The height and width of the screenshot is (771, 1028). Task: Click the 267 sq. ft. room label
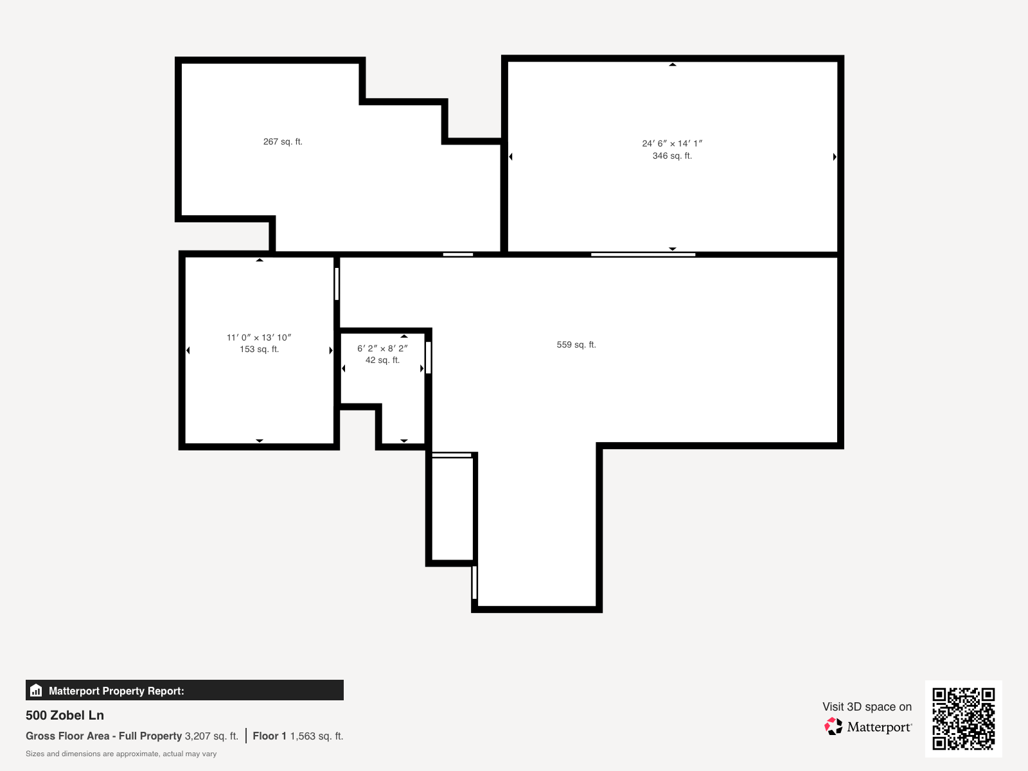(x=283, y=141)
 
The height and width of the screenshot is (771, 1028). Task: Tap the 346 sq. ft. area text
(x=672, y=156)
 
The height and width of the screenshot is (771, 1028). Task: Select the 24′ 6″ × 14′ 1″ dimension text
(x=672, y=144)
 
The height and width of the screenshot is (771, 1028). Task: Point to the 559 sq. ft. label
(x=576, y=345)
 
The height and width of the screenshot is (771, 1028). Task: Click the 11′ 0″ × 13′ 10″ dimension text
(x=259, y=337)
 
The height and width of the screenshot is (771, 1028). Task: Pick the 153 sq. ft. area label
(x=259, y=350)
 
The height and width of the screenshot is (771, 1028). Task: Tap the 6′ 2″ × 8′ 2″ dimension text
(x=382, y=348)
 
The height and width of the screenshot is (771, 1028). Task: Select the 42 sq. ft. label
(x=382, y=360)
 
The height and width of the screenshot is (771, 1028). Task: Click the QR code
(x=963, y=718)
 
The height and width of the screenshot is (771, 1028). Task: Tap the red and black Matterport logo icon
(x=833, y=727)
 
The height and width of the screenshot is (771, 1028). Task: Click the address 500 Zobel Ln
(x=65, y=715)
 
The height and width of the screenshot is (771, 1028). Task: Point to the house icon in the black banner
(x=36, y=691)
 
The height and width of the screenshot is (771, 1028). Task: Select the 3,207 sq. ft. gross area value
(x=211, y=736)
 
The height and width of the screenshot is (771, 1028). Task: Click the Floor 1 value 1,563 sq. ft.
(x=317, y=736)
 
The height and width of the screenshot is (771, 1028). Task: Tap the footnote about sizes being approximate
(x=121, y=754)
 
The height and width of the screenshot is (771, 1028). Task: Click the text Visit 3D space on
(x=867, y=707)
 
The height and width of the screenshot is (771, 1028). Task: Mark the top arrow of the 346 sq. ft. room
(x=673, y=65)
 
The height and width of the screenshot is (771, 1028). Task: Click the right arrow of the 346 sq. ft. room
(x=835, y=157)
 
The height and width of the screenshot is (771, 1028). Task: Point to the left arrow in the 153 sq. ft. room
(x=188, y=350)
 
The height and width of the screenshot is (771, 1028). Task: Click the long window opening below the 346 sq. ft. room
(x=643, y=254)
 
